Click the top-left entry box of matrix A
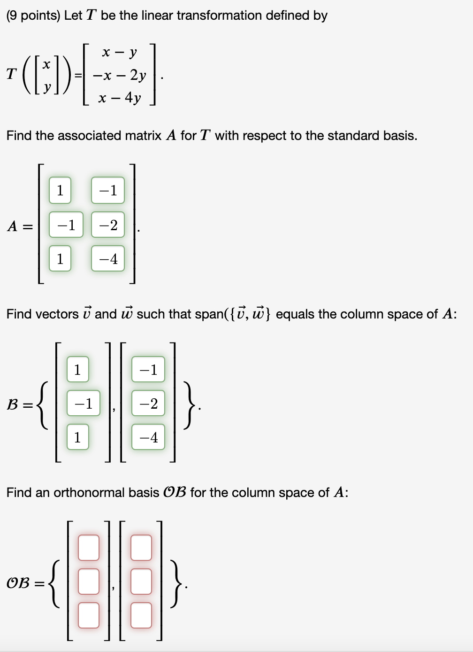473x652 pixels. click(60, 190)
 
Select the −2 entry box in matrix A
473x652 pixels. click(108, 225)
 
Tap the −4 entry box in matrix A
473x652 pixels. click(108, 258)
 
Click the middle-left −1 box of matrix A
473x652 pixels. click(66, 225)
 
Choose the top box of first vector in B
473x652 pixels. click(77, 369)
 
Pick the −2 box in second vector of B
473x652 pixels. click(148, 403)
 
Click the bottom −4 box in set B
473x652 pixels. click(148, 437)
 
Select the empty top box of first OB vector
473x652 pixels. click(89, 548)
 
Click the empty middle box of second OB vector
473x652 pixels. click(141, 582)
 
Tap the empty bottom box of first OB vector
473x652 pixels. click(89, 615)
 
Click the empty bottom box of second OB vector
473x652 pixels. click(141, 615)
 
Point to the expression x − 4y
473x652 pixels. click(119, 98)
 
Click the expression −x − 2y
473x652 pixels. click(119, 75)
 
